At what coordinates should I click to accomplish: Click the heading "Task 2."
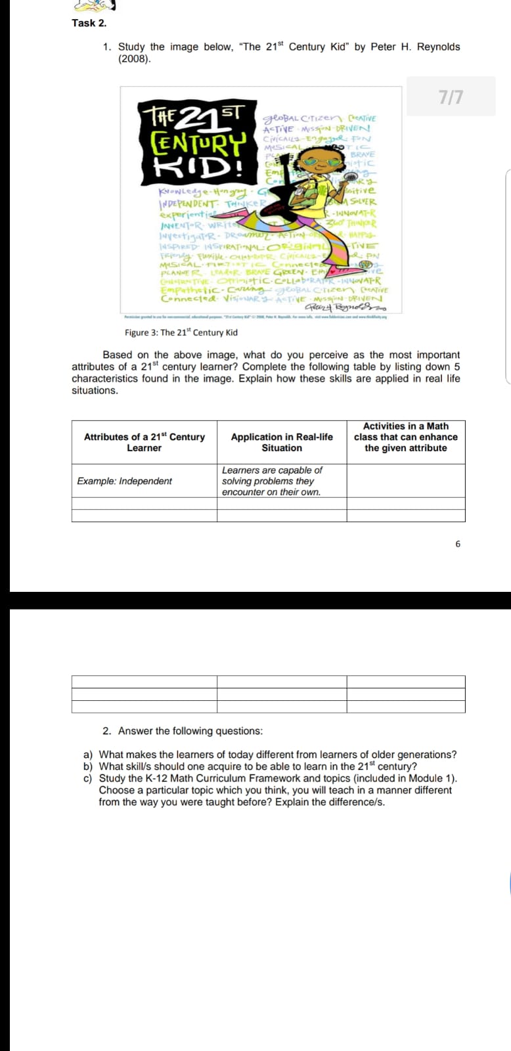coord(89,23)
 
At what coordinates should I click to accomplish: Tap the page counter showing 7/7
coord(451,97)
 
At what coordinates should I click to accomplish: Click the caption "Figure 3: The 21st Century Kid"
coord(181,332)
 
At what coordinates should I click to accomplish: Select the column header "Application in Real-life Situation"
coord(282,442)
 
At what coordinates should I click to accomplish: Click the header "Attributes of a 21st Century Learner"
coord(144,442)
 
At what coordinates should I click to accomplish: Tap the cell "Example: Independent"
coord(124,481)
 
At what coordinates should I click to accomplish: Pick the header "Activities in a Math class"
coord(405,437)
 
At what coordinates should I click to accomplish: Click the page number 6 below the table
coord(458,544)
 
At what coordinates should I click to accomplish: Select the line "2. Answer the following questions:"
coord(183,731)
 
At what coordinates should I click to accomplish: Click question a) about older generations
coord(277,755)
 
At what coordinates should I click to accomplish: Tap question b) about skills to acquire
coord(257,767)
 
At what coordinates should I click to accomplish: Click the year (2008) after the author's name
coord(134,58)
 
